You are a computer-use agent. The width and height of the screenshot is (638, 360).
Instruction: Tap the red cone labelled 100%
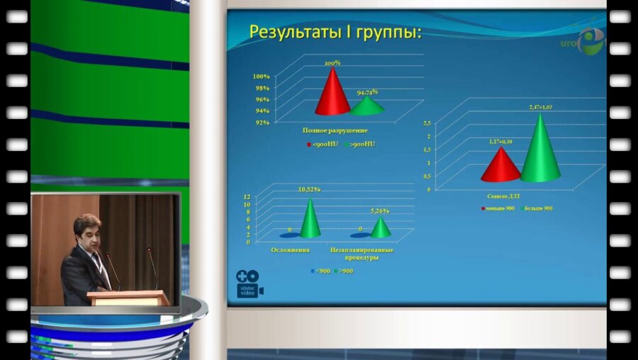(332, 92)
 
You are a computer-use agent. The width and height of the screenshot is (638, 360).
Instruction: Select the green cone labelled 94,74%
(367, 106)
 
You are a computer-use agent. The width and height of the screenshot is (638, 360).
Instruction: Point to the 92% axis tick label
(262, 123)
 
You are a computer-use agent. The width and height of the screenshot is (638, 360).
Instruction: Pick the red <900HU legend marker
(309, 145)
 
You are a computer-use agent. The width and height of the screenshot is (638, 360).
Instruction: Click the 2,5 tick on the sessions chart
(427, 123)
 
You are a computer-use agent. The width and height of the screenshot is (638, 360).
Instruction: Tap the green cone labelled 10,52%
(310, 220)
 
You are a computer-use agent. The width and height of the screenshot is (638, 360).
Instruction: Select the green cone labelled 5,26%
(381, 228)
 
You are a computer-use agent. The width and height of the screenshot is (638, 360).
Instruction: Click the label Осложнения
(289, 250)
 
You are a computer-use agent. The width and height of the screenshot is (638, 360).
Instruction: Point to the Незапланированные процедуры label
(362, 254)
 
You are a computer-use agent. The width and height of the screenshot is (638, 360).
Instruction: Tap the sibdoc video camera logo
(250, 283)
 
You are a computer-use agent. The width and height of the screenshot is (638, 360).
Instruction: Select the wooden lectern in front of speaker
(128, 298)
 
